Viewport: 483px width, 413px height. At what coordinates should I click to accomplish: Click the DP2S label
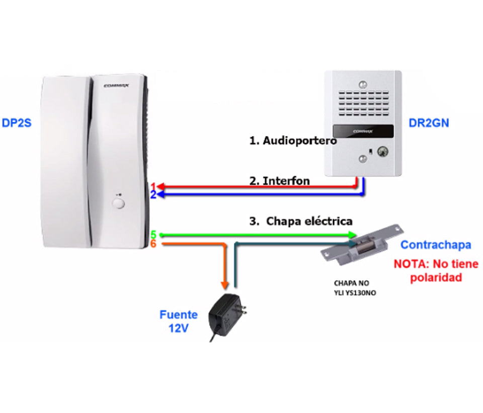click(17, 122)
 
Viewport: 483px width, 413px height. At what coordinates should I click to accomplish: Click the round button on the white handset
click(119, 203)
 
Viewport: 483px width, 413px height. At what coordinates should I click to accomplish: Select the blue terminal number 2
click(153, 195)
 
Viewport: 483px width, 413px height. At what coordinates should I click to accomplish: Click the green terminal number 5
click(153, 235)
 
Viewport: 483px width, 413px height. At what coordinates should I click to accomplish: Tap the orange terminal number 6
click(153, 244)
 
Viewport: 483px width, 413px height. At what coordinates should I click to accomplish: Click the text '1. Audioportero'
click(292, 141)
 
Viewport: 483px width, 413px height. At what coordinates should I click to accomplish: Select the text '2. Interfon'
click(280, 181)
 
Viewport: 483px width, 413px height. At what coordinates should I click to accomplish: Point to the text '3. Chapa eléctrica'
click(301, 221)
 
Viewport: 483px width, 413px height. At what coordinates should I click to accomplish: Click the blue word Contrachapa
click(435, 245)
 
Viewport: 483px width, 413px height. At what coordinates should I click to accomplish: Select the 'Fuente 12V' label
click(179, 321)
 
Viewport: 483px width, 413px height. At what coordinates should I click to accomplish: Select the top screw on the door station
click(362, 84)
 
